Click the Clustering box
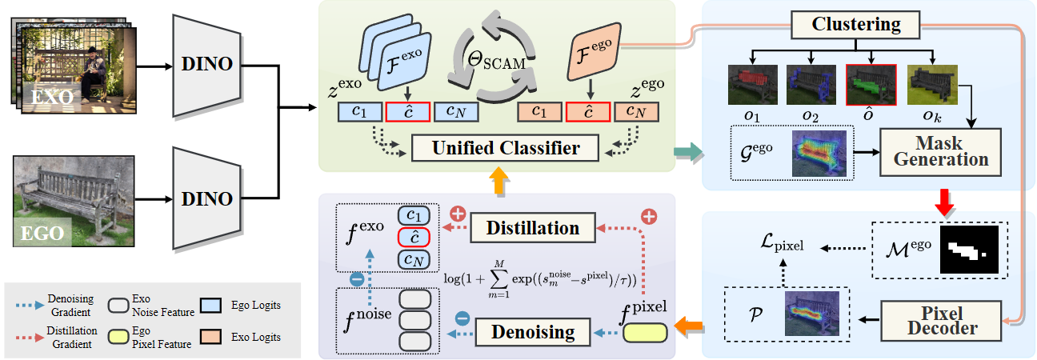(x=856, y=24)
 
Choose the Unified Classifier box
(x=506, y=149)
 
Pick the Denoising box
(x=534, y=330)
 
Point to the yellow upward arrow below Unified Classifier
(x=497, y=181)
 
